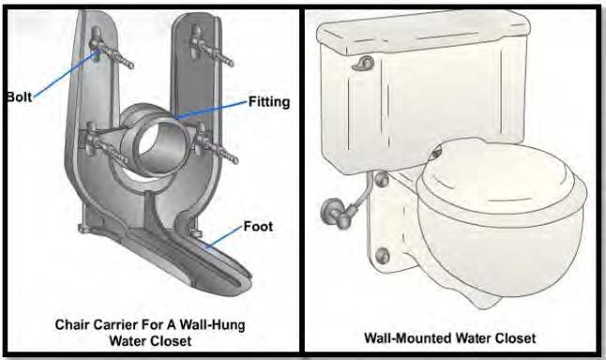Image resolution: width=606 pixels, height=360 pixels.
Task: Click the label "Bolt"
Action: click(20, 97)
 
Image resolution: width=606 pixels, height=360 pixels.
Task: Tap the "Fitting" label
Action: click(269, 102)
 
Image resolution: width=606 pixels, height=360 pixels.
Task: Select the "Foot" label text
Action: click(258, 226)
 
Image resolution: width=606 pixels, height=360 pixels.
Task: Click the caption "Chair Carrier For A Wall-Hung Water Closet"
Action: click(150, 333)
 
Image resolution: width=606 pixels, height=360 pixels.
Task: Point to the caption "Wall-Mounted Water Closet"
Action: click(450, 338)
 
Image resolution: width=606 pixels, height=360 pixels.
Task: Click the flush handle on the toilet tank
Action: click(363, 64)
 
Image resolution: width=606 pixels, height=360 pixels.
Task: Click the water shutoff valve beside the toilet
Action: click(336, 213)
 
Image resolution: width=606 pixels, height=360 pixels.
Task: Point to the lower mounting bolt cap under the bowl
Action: click(383, 256)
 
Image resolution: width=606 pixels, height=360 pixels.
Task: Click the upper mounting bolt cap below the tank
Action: click(382, 178)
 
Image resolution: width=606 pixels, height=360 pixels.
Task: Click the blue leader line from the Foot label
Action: click(223, 237)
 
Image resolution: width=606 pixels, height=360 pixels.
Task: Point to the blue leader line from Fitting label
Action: click(210, 110)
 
